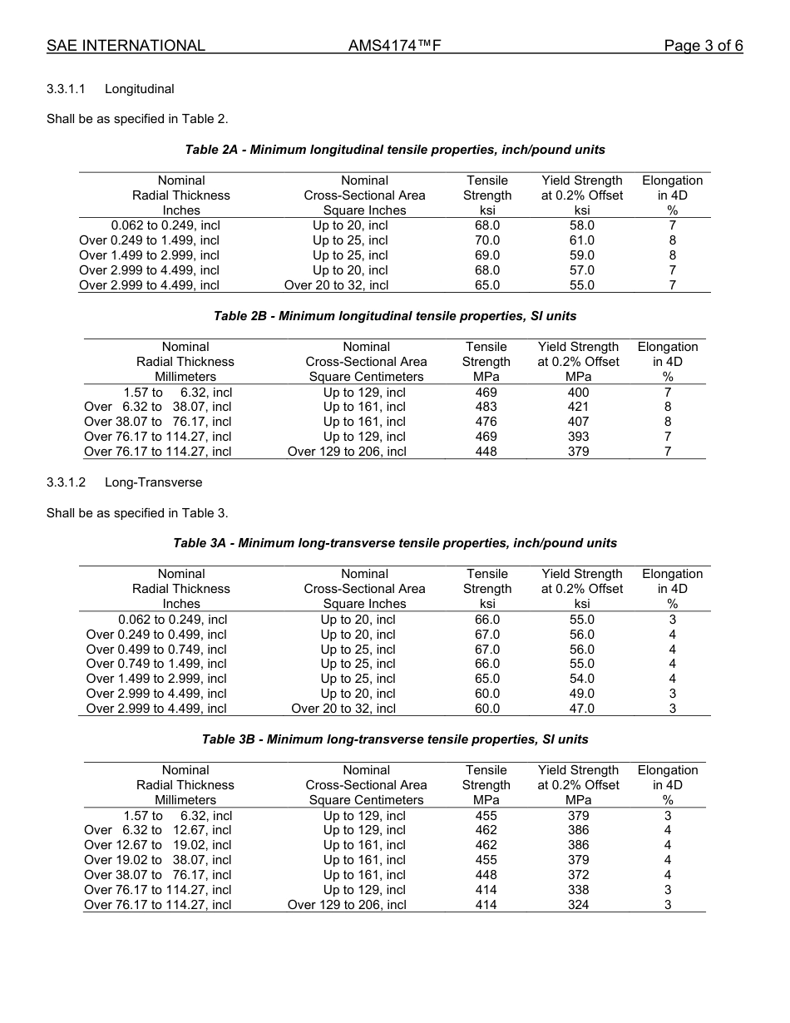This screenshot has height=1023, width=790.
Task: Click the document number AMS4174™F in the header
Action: [x=394, y=46]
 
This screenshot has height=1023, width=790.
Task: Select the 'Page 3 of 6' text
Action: [x=703, y=46]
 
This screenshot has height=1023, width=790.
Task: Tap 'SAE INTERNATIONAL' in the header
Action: [x=126, y=46]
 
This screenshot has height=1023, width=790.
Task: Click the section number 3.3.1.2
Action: [x=70, y=482]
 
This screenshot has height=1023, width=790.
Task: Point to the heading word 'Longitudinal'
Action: [x=139, y=89]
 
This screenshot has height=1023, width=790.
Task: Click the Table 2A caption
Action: [x=395, y=150]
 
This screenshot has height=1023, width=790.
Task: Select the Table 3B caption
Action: [x=395, y=739]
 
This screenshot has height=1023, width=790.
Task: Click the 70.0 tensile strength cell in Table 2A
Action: [x=486, y=240]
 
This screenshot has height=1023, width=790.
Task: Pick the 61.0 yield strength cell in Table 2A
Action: [x=581, y=240]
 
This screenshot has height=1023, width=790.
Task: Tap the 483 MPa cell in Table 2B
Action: [x=486, y=407]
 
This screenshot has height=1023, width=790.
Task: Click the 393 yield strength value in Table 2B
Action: [x=578, y=437]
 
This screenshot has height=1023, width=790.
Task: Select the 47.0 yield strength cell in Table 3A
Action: [x=581, y=709]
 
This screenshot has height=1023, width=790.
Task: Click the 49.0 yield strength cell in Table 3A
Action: [x=581, y=694]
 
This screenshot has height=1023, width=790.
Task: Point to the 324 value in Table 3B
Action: [x=578, y=905]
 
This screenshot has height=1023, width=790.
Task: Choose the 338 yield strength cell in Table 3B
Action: [x=578, y=890]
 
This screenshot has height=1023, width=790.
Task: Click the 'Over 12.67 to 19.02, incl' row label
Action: [x=158, y=845]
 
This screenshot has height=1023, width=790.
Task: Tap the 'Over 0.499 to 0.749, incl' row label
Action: [x=156, y=650]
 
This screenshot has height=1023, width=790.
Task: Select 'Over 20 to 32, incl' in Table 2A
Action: [x=336, y=285]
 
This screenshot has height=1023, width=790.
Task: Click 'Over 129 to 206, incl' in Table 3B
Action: [x=347, y=905]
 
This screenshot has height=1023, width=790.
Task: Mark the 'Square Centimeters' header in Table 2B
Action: [x=366, y=377]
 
